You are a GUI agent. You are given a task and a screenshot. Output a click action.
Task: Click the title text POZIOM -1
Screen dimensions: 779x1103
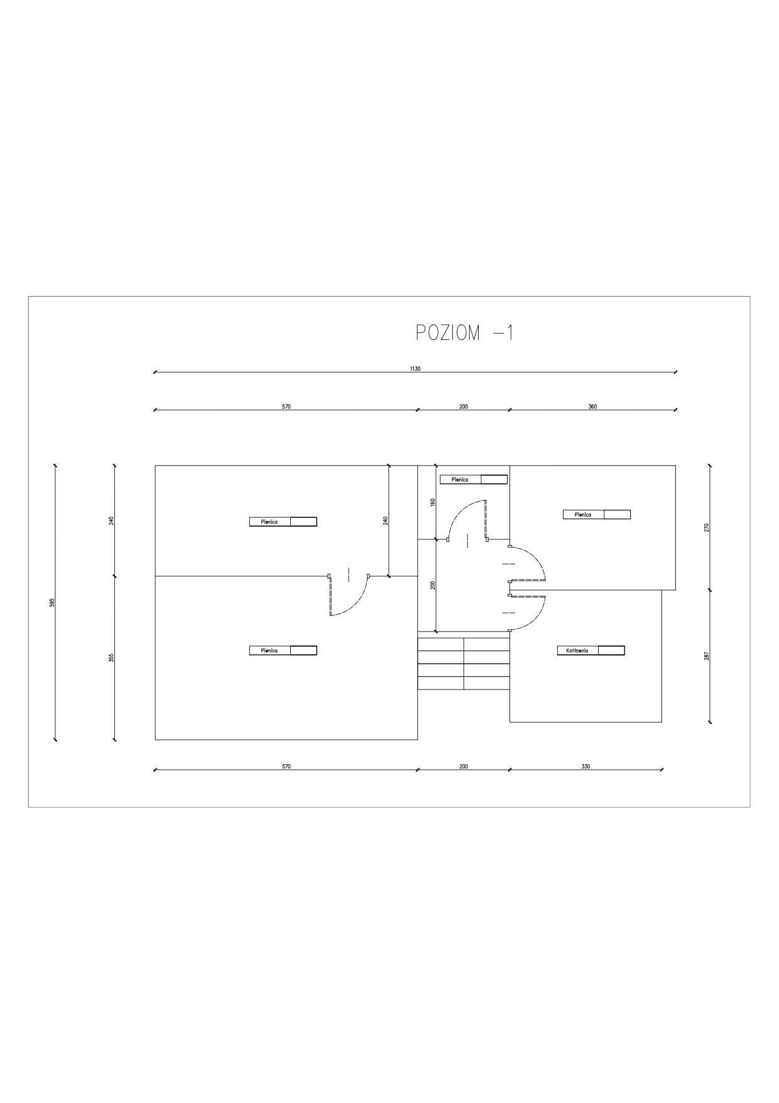point(465,332)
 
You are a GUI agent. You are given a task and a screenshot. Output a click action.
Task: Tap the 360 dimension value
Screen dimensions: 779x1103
point(592,407)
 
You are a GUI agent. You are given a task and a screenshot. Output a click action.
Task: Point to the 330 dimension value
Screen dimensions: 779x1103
point(586,766)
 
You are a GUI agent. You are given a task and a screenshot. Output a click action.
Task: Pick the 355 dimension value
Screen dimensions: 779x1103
point(111,657)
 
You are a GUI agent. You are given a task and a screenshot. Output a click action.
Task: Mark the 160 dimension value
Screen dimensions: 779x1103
point(432,502)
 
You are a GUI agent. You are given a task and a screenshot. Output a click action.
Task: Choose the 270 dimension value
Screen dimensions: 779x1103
point(706,527)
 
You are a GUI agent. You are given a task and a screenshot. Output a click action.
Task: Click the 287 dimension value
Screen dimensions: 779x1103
point(706,656)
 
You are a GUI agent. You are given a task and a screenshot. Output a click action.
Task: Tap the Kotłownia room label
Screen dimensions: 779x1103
point(577,650)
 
